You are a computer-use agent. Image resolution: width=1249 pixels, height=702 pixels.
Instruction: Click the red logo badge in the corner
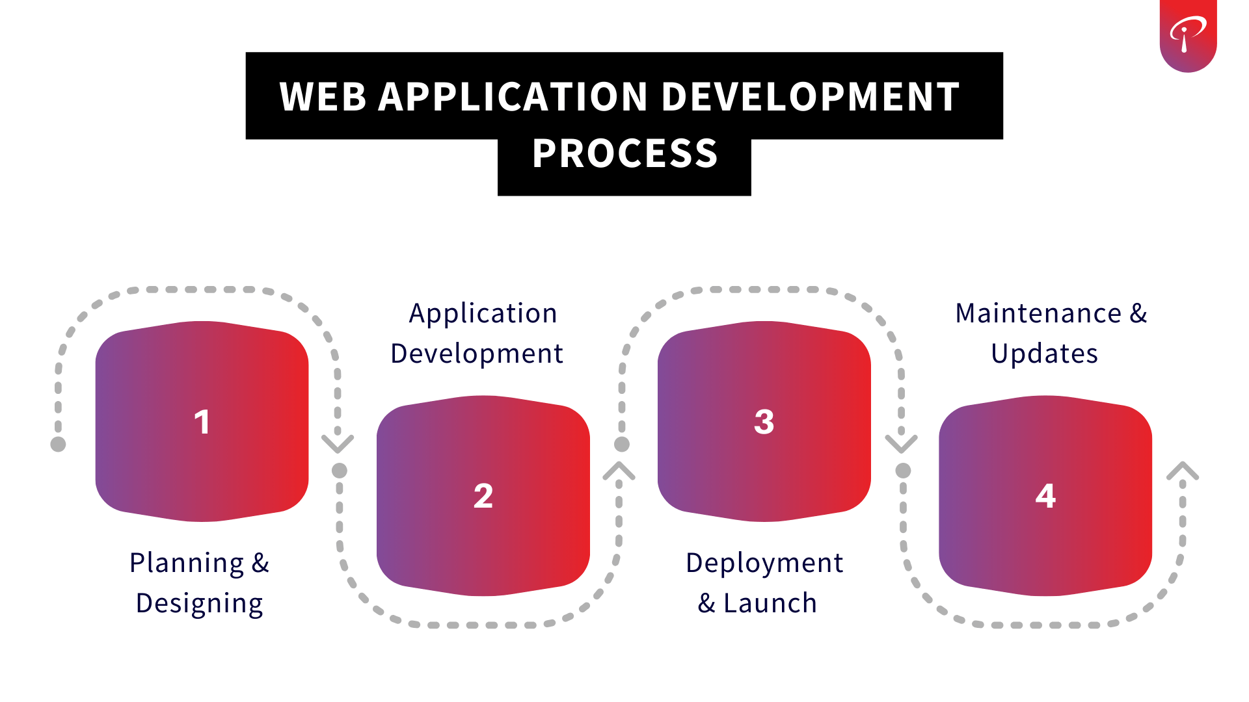point(1188,35)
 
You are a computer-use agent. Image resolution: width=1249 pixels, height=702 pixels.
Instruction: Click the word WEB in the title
point(323,97)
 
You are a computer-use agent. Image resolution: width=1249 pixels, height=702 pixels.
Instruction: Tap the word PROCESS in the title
point(624,154)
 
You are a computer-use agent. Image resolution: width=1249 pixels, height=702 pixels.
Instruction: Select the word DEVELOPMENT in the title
point(811,97)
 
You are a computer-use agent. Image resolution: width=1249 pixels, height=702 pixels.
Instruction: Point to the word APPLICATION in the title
point(513,97)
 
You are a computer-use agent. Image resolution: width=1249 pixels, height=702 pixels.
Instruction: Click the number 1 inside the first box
point(202,422)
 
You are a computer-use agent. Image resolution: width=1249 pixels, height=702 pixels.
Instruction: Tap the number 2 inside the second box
point(483,496)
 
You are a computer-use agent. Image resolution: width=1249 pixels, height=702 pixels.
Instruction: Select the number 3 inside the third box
point(764,422)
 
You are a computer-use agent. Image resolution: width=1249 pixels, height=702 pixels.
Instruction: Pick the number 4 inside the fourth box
point(1045,496)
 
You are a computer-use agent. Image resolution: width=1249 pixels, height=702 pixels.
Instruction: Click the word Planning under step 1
point(187,563)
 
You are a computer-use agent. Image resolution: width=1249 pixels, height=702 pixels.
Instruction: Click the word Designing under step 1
point(200,604)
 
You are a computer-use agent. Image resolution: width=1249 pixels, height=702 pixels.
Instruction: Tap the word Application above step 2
point(483,313)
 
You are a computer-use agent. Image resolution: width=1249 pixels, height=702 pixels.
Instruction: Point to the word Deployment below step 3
point(764,563)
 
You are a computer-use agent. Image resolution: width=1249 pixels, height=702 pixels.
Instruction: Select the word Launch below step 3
point(770,604)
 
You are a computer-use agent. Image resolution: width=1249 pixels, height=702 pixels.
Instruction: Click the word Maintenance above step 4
point(1038,313)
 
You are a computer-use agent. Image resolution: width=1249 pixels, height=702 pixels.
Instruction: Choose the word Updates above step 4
point(1045,354)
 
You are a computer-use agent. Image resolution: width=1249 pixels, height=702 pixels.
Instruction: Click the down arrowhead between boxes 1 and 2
point(338,444)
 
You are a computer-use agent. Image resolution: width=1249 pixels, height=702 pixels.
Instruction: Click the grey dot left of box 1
point(58,444)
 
